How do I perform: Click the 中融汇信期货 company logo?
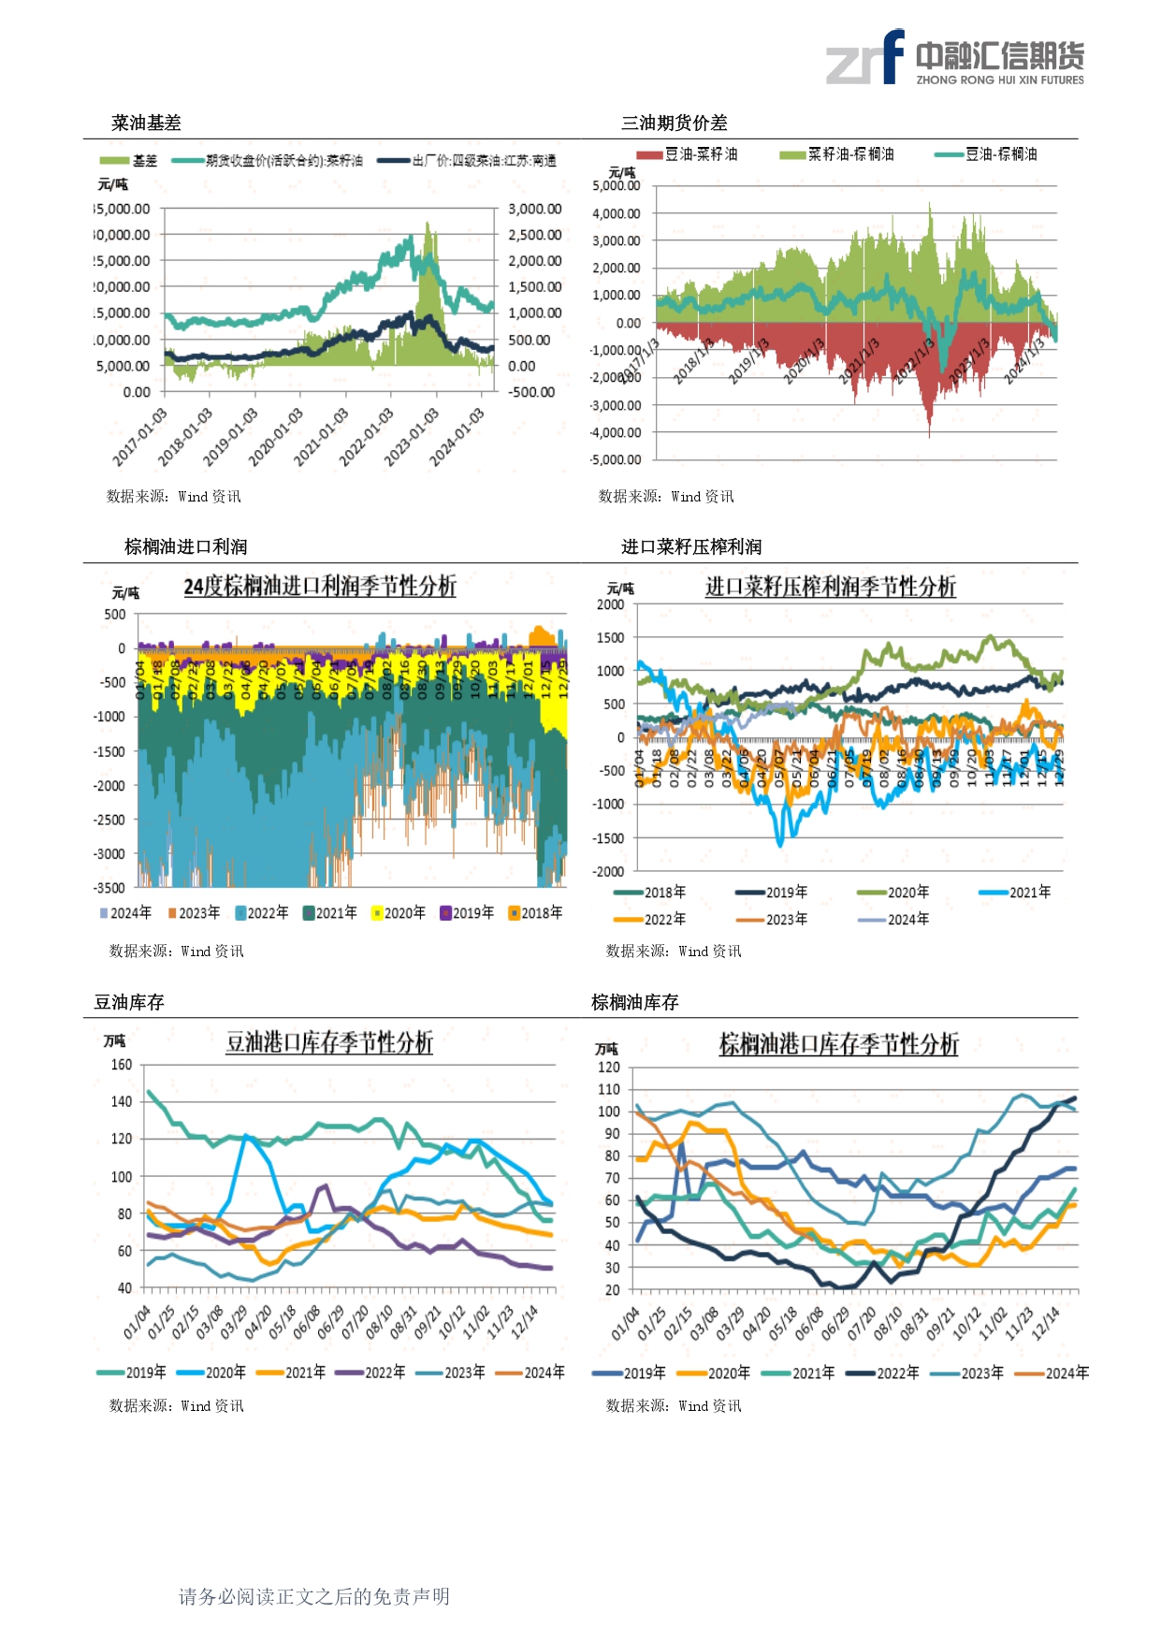(x=954, y=58)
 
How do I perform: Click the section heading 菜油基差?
(x=146, y=123)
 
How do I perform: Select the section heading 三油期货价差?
(x=674, y=123)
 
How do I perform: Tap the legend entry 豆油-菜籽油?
(x=688, y=154)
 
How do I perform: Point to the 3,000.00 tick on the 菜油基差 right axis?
(x=534, y=209)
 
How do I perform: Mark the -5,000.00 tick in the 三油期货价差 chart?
(x=616, y=459)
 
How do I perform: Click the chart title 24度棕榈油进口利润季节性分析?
(x=320, y=587)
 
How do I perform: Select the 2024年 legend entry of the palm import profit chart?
(x=125, y=912)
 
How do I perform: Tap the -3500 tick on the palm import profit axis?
(x=109, y=888)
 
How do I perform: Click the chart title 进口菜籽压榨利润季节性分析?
(x=830, y=587)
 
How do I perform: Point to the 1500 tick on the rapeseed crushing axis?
(x=610, y=638)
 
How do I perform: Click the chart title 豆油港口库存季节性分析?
(x=329, y=1042)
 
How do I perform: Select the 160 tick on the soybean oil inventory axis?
(x=122, y=1065)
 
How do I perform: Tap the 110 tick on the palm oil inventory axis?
(x=609, y=1089)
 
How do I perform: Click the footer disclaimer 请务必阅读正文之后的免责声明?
(x=314, y=1596)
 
